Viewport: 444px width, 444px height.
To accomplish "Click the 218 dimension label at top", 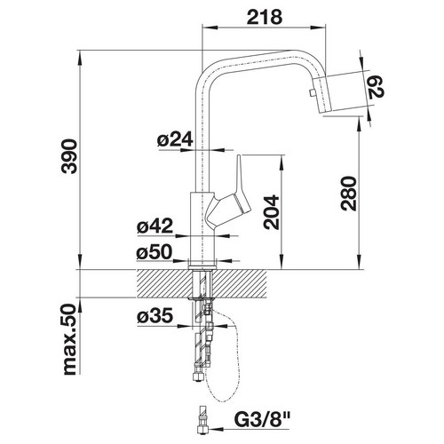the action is tap(265, 18).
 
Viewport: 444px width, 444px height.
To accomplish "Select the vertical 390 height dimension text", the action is tap(69, 156).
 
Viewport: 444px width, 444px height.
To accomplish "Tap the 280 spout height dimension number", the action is tap(348, 194).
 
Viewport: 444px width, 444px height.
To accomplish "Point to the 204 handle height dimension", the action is tap(271, 212).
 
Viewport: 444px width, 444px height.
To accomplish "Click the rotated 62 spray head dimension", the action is tap(376, 87).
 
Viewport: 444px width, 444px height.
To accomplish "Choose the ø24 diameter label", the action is tap(175, 139).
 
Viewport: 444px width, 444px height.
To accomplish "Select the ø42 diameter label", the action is tap(155, 226).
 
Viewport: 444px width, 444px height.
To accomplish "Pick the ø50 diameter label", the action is tap(155, 252).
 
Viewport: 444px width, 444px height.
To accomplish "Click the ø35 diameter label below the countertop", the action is tap(155, 316).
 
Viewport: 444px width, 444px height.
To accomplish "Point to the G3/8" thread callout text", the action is tap(262, 419).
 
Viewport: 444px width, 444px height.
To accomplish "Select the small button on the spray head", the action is tap(311, 93).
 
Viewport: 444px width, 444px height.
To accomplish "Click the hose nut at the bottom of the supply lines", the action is tap(197, 377).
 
